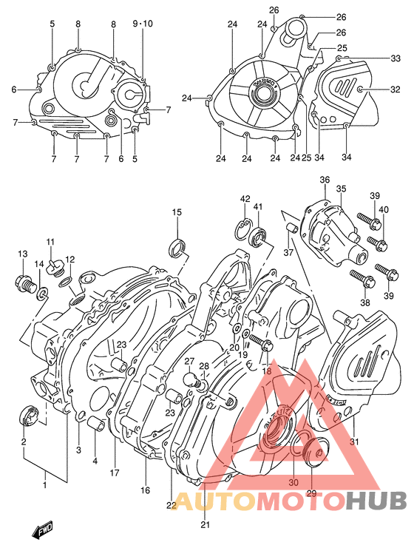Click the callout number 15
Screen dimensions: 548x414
(x=177, y=213)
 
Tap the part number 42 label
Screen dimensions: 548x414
(x=245, y=199)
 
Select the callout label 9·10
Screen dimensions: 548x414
(x=143, y=24)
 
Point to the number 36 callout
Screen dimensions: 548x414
(x=325, y=180)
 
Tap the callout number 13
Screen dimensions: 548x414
(x=23, y=254)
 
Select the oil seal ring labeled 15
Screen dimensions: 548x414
(x=178, y=246)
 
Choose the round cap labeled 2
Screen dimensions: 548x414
(x=30, y=414)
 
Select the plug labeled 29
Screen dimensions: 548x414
(x=319, y=456)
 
